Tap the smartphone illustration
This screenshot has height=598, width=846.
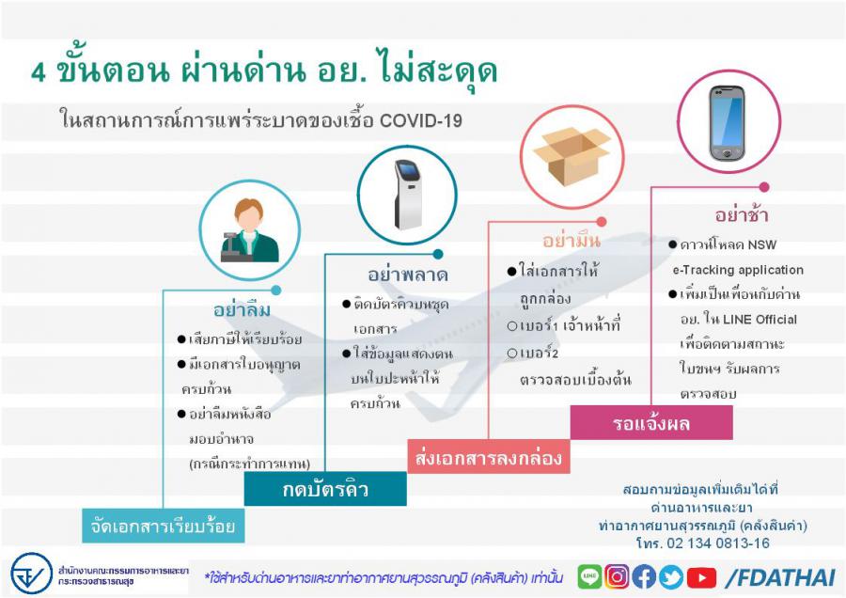pos(727,122)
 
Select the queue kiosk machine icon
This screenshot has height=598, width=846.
pos(408,195)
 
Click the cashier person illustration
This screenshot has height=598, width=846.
pos(249,230)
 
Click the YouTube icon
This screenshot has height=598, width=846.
pos(701,577)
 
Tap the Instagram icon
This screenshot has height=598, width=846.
pos(617,577)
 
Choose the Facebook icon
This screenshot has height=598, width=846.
pos(644,577)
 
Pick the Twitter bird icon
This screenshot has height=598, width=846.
pos(670,577)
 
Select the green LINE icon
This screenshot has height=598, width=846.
pos(589,577)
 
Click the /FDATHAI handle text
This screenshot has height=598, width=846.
pos(781,578)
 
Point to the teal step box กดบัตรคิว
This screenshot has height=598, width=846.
pos(325,489)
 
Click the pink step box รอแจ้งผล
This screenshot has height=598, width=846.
pos(651,422)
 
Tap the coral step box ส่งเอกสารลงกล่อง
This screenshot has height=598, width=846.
pos(488,457)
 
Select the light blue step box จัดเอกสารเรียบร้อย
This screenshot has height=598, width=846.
pos(163,526)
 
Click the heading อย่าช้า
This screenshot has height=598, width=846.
pos(742,214)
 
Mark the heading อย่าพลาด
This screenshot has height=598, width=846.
pos(408,275)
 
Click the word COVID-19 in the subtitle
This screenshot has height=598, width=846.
pos(421,120)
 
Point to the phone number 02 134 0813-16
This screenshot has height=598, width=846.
pos(718,543)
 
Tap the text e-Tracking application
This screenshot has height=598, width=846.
pos(738,270)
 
